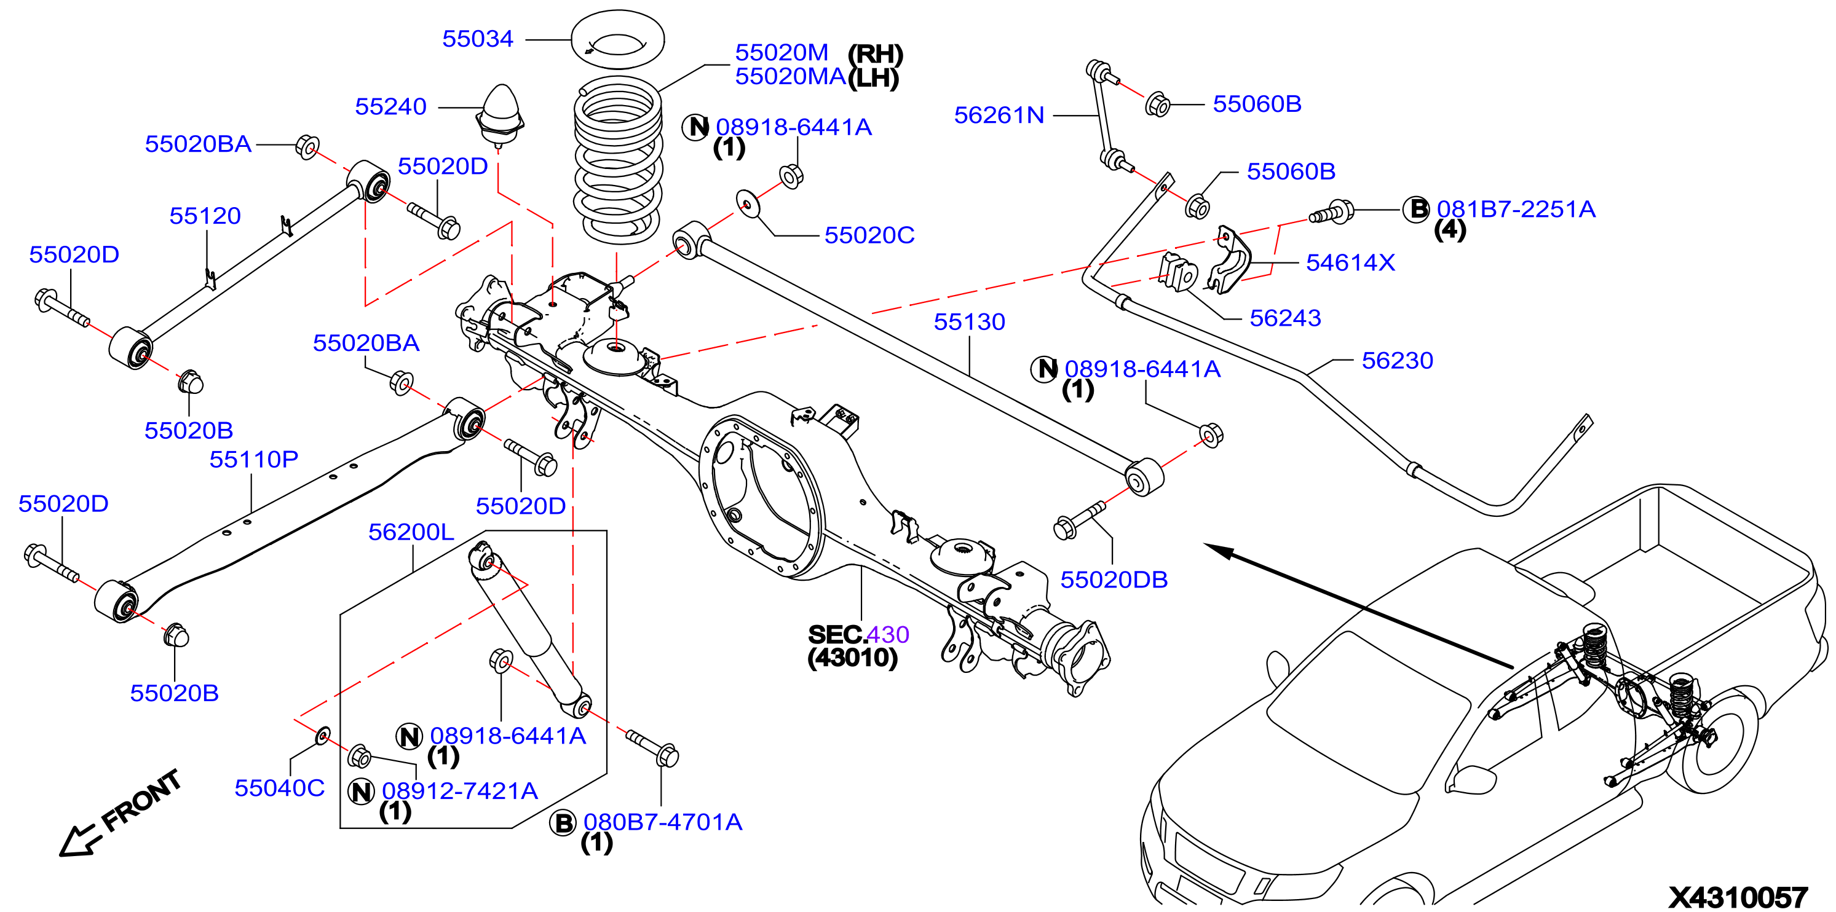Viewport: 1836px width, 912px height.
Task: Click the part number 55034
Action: [478, 39]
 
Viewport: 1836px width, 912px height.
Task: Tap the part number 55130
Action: [969, 322]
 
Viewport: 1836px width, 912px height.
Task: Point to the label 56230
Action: [1397, 361]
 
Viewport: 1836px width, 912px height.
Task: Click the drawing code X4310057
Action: [1738, 897]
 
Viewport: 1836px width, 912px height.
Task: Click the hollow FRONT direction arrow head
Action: [75, 841]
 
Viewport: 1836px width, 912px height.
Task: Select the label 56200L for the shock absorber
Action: [411, 532]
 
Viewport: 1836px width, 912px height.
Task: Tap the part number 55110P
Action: [254, 460]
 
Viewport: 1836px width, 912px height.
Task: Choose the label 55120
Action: [205, 216]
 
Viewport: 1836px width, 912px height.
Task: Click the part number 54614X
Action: [1350, 263]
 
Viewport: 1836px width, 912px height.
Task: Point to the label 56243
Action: [1285, 318]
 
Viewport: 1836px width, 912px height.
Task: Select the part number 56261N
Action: [999, 115]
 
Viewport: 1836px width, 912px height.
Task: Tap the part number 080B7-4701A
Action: [663, 822]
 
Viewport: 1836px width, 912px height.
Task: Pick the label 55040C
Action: [279, 788]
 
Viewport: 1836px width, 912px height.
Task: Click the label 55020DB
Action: [1114, 580]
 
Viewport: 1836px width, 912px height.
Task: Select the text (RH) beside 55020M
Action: [875, 54]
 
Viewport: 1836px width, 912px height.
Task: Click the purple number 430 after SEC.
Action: [888, 635]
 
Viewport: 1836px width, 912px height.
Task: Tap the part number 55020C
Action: [869, 235]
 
